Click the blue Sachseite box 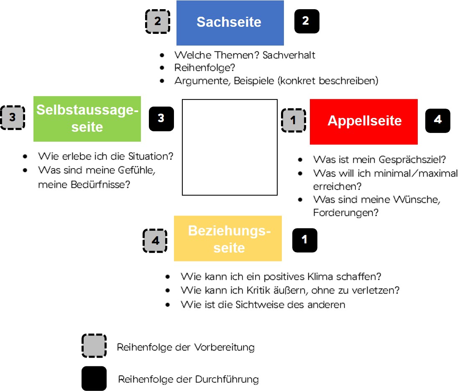pos(230,23)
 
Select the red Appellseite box pos(364,121)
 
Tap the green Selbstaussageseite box pos(87,119)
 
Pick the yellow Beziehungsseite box pos(228,238)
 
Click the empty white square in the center pos(230,147)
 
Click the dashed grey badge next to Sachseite pos(158,21)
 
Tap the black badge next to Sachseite pos(307,21)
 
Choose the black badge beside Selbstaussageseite pos(161,119)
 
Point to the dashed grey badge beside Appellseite pos(294,121)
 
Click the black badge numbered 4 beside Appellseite pos(438,120)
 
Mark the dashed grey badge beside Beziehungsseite pos(156,241)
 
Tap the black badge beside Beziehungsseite pos(305,240)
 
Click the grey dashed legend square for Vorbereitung pos(94,346)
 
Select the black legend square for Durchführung pos(94,378)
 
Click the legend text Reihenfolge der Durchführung pos(189,380)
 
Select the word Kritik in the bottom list pos(252,290)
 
